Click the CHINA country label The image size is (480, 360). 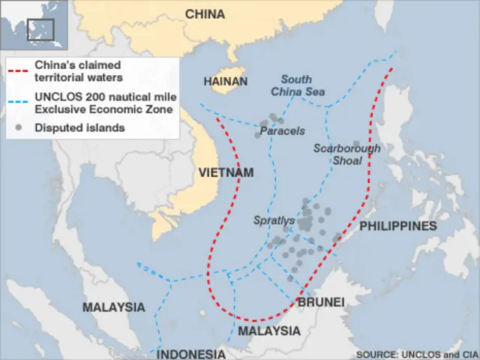click(205, 14)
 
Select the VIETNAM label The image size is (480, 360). click(226, 172)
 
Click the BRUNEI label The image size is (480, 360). click(321, 301)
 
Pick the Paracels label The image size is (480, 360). click(282, 131)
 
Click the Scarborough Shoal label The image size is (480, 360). click(346, 154)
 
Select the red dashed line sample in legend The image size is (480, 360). click(20, 71)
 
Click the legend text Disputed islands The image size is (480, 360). click(79, 127)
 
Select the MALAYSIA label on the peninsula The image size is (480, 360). click(113, 307)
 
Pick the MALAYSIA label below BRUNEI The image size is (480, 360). click(268, 331)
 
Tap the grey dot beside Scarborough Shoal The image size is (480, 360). click(356, 143)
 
